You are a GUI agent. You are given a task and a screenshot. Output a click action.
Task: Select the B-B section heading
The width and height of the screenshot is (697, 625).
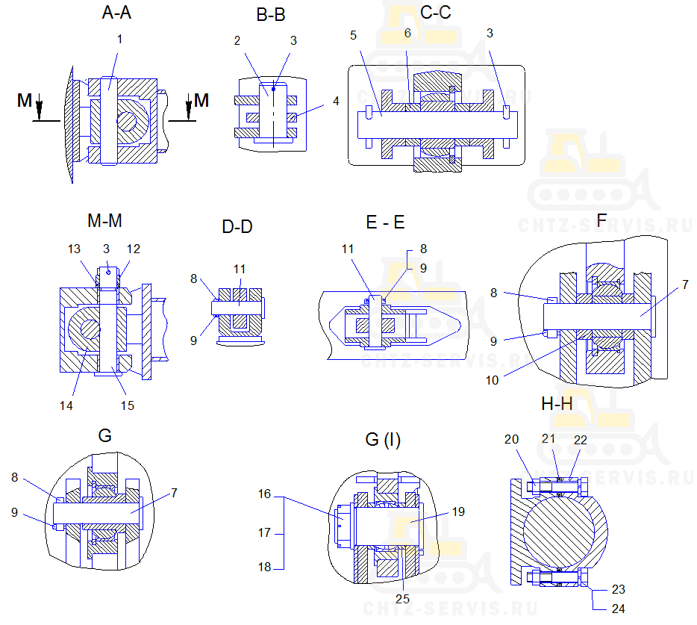pos(270,15)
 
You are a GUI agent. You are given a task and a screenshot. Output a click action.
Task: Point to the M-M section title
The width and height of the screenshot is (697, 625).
pos(104,221)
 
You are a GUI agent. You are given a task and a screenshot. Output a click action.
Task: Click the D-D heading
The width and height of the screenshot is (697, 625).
pos(237,226)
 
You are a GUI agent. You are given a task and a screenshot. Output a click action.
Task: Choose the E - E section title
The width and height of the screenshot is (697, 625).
pos(385,223)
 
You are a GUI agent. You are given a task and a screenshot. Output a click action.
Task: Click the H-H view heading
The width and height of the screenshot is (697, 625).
pos(557,404)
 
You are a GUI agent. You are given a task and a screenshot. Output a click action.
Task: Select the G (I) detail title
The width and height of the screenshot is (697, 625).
pos(383,441)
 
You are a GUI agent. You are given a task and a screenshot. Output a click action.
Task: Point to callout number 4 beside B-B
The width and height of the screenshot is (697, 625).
pos(336,101)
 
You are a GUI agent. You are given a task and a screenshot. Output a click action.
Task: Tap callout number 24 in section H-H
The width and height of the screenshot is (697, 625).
pos(618,609)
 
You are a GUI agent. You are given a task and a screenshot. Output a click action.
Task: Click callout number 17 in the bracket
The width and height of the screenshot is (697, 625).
pos(264,534)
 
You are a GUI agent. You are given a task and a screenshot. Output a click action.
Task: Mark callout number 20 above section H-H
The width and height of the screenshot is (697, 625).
pos(511,440)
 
